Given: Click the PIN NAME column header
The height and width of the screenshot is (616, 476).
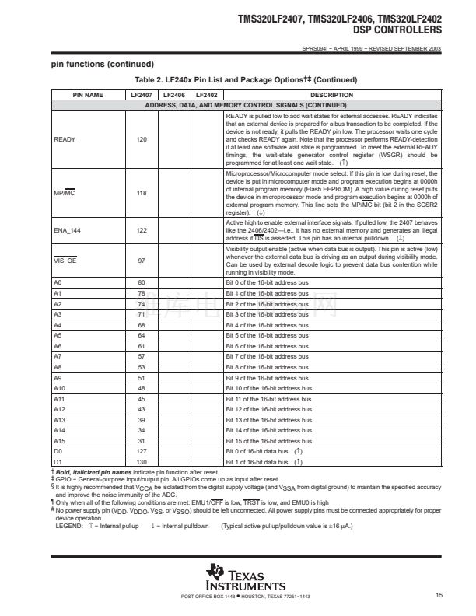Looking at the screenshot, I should (88, 95).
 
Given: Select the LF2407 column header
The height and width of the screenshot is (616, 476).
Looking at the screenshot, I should (142, 95).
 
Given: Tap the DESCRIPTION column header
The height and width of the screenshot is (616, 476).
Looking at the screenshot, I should (331, 95).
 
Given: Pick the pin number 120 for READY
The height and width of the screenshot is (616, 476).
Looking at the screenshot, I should (142, 139).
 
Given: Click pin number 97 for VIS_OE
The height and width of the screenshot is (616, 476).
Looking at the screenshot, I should (142, 260).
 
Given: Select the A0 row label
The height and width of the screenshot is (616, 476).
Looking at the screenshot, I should (58, 282).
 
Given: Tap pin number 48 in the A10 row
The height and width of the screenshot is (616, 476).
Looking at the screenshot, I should (142, 387).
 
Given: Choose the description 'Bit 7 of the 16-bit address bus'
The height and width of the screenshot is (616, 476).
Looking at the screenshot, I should (268, 356).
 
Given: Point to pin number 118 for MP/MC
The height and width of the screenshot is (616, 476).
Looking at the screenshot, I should (142, 191).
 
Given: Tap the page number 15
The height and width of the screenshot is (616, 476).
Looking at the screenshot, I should (439, 596).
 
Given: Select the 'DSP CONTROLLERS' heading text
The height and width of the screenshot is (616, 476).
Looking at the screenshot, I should (397, 30).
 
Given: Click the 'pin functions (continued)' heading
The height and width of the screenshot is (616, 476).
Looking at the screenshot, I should (103, 64).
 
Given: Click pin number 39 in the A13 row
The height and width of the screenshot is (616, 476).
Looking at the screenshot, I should (142, 419).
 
